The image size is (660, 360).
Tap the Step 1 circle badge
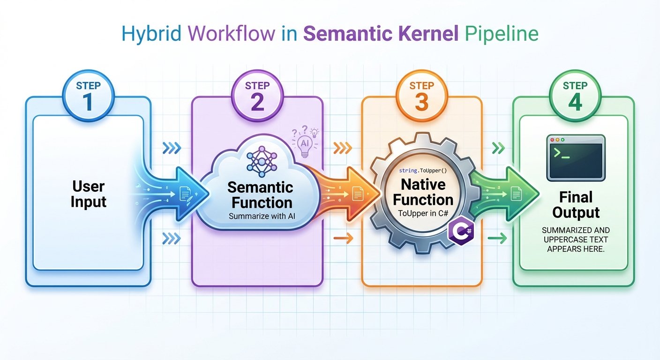[88, 97]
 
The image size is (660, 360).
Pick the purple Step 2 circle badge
[257, 97]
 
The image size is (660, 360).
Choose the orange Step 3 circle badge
[421, 97]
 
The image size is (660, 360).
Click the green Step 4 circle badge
[575, 97]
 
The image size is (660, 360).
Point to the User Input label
[88, 195]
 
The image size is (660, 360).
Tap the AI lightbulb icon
[305, 141]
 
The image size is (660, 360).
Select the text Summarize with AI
[259, 216]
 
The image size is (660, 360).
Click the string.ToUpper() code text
[422, 172]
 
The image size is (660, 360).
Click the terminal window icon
[576, 157]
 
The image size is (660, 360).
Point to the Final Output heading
[576, 205]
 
